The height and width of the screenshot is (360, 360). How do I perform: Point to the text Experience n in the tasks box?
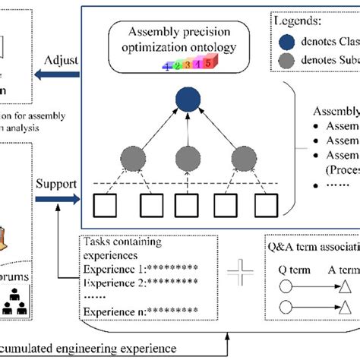point(110,311)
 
